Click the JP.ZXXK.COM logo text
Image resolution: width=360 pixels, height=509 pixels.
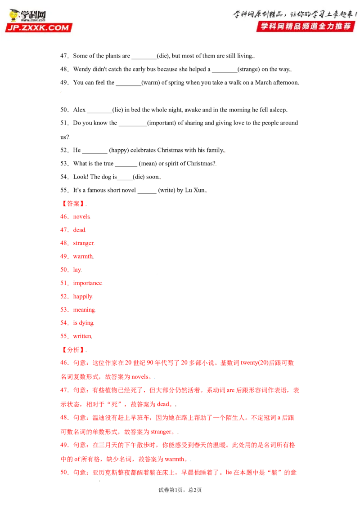point(38,27)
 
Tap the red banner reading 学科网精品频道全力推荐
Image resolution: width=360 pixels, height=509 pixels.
point(306,26)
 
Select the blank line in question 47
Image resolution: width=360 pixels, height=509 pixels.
point(144,58)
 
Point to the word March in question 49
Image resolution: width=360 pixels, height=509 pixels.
point(263,82)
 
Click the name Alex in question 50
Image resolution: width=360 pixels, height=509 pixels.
point(79,110)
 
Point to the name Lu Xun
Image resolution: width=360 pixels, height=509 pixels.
point(195,190)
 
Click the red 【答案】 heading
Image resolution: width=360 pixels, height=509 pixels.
point(73,204)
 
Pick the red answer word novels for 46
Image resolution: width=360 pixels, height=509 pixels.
point(81,217)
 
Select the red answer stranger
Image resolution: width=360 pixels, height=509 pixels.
point(84,243)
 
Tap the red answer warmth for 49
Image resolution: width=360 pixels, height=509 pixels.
point(83,256)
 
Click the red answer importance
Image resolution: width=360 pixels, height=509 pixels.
point(87,283)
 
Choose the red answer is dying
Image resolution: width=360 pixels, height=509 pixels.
point(84,323)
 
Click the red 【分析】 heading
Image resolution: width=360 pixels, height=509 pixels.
point(73,350)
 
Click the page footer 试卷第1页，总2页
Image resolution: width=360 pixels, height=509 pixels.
point(180,490)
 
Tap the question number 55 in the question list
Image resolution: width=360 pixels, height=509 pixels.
point(64,190)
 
